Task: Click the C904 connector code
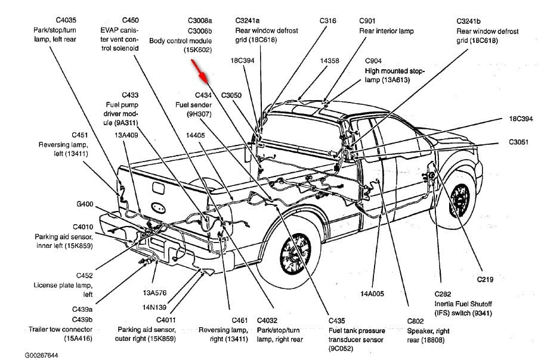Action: (x=374, y=61)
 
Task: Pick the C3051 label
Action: (x=520, y=142)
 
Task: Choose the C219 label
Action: (x=486, y=279)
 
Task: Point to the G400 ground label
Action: (x=85, y=204)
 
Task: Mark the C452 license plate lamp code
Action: (x=84, y=275)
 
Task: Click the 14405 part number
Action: (x=195, y=135)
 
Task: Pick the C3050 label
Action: (x=231, y=95)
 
